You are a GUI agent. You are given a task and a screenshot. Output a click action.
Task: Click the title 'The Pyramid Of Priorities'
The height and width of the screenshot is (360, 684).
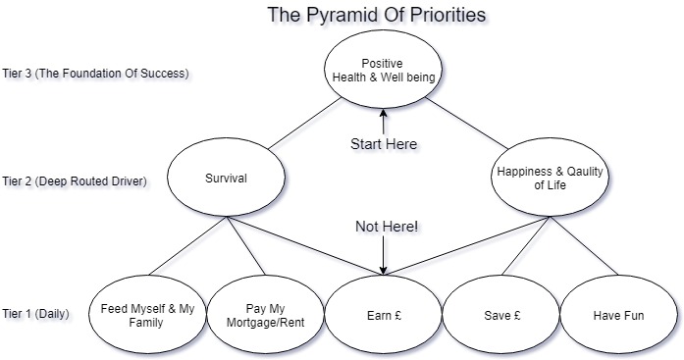(x=377, y=16)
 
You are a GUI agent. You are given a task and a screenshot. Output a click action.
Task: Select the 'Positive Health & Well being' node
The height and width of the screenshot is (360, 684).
(x=382, y=72)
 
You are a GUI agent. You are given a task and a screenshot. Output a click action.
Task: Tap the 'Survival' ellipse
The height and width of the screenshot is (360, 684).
(x=225, y=180)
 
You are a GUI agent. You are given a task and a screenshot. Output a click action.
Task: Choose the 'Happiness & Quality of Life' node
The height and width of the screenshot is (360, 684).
(x=549, y=179)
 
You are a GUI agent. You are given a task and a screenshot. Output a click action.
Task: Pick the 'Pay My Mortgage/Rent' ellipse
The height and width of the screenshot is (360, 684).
(x=264, y=315)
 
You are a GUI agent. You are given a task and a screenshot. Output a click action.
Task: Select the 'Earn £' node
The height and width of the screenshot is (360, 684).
(x=382, y=315)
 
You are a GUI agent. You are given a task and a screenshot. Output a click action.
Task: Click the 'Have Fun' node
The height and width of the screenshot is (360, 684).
(x=618, y=315)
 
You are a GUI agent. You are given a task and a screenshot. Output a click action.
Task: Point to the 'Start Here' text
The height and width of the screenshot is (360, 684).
(x=384, y=144)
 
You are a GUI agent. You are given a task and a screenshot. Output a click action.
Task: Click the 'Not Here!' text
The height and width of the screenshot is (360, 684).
(x=387, y=228)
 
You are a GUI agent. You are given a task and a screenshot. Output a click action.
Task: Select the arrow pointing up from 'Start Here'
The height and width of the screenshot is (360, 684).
(x=383, y=122)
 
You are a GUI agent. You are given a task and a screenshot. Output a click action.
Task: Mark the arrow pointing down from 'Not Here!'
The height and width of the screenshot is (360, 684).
(x=383, y=256)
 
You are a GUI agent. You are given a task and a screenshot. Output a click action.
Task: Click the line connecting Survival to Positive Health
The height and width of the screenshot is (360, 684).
(x=299, y=124)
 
